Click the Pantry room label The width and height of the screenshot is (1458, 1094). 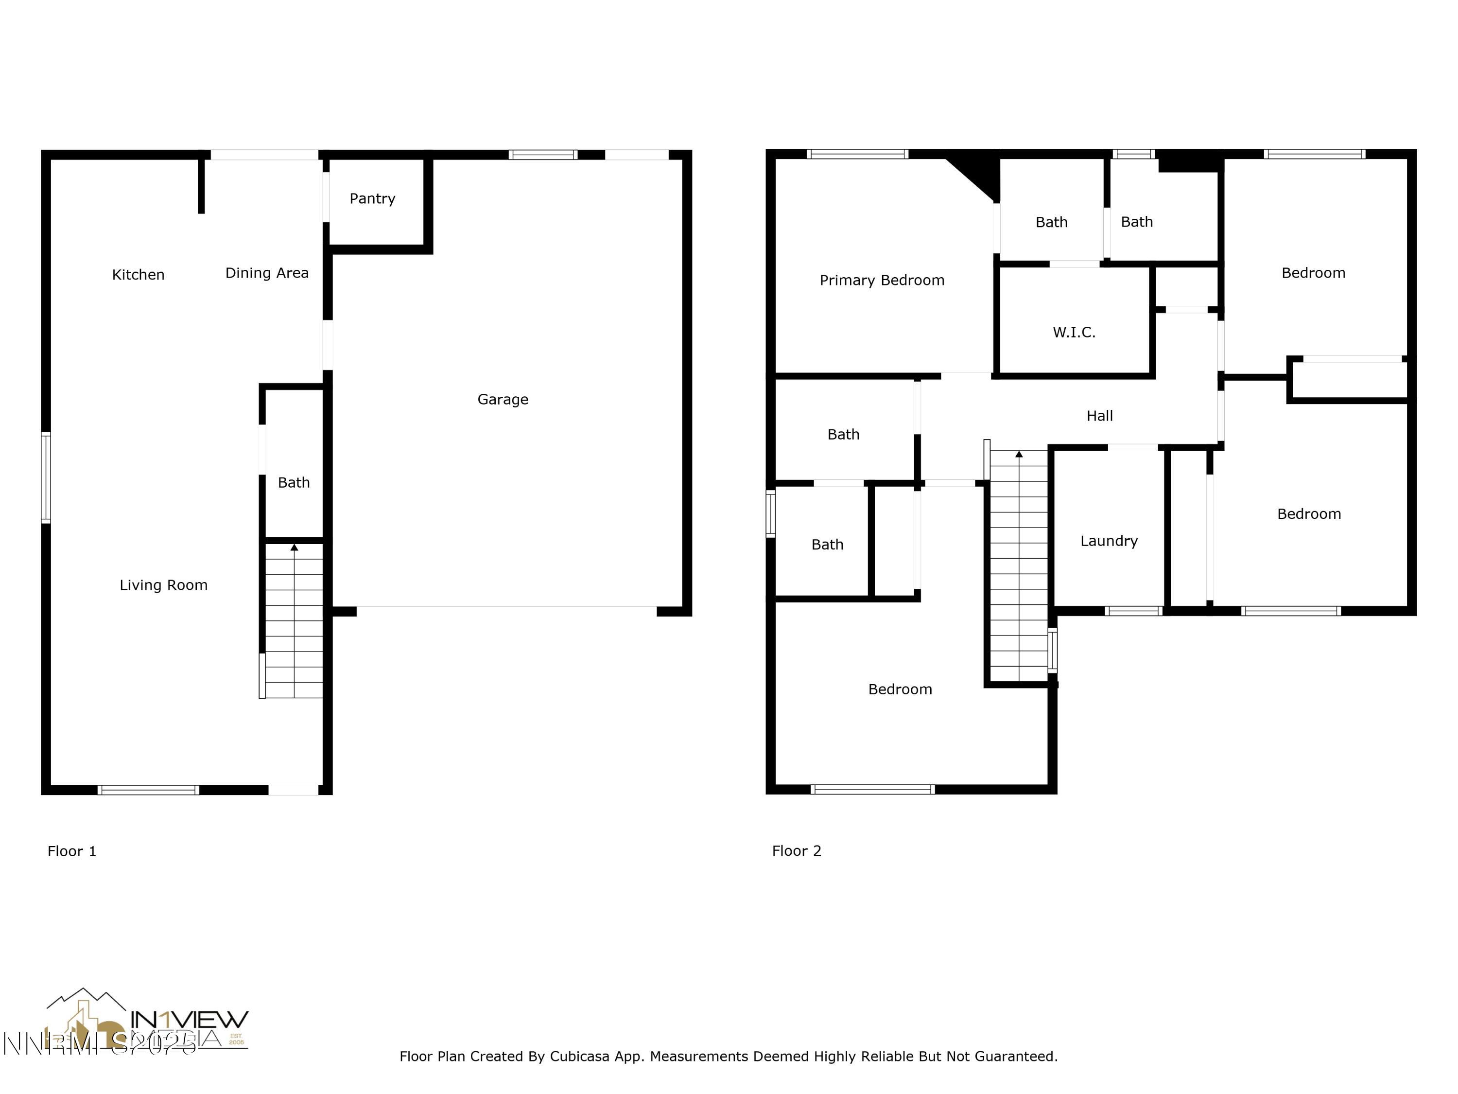[x=372, y=198]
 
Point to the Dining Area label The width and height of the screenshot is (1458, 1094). [x=266, y=273]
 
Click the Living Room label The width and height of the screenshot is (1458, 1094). [x=163, y=585]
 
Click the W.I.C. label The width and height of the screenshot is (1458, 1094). [x=1074, y=333]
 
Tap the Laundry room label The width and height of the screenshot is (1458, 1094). [x=1109, y=541]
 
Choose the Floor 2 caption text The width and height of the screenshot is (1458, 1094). [x=796, y=851]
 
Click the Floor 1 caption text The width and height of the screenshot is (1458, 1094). [x=72, y=851]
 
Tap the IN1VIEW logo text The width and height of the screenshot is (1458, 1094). [x=189, y=1020]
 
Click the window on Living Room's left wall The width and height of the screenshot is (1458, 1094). [x=46, y=477]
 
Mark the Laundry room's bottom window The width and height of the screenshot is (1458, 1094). [x=1132, y=611]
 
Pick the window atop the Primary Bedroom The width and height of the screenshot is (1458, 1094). [x=857, y=154]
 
